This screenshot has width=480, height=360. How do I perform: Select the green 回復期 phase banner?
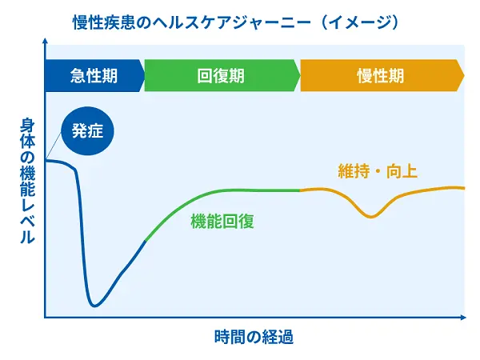221,76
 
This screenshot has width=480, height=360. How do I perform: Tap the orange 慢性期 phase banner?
380,76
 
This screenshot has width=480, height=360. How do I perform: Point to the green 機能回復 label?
222,222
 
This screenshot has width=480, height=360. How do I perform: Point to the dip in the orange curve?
370,217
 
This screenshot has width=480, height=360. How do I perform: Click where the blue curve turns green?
145,240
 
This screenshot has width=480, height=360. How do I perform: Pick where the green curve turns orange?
300,190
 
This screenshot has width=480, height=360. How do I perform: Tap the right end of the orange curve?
464,187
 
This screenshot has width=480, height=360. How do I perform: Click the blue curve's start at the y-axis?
46,161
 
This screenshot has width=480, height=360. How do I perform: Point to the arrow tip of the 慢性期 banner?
463,76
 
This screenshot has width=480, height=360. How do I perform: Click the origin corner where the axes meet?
46,318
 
